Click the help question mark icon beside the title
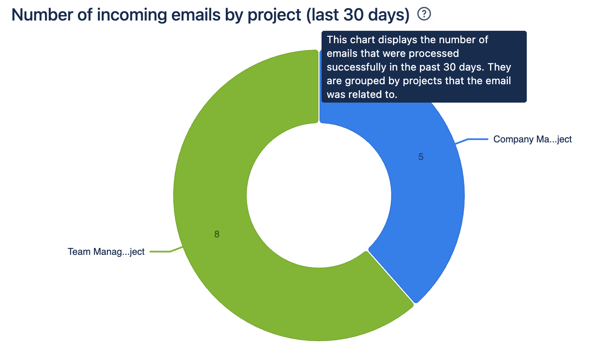coord(424,14)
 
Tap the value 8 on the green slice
coord(217,234)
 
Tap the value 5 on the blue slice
coord(421,157)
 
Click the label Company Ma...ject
coord(532,139)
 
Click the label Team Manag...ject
coord(106,251)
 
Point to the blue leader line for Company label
coord(472,140)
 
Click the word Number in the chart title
coord(42,15)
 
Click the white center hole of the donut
coord(319,195)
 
